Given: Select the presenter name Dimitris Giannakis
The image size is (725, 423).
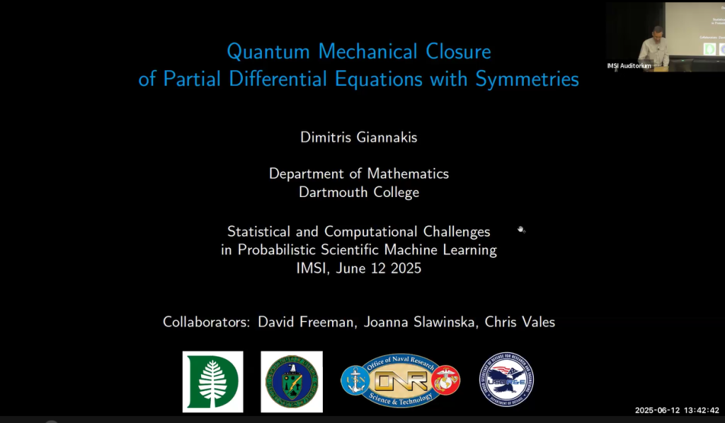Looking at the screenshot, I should (x=359, y=137).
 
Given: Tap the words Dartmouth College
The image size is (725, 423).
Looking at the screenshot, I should (x=359, y=192).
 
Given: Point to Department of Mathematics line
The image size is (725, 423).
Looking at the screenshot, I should (x=359, y=174).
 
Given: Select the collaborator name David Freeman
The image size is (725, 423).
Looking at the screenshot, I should (x=307, y=322).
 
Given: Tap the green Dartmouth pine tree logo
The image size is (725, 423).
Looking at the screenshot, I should (x=212, y=381).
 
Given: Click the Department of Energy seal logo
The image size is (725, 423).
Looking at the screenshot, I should (x=291, y=381).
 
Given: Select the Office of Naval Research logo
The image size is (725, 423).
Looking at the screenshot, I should (x=401, y=381).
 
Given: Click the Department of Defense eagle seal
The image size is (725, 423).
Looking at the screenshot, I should (x=506, y=381).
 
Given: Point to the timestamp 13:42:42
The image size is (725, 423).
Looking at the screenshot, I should (x=701, y=410).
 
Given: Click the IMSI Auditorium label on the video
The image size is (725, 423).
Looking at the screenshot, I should (x=629, y=66).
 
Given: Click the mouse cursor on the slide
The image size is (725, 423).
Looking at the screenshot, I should (x=521, y=230).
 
